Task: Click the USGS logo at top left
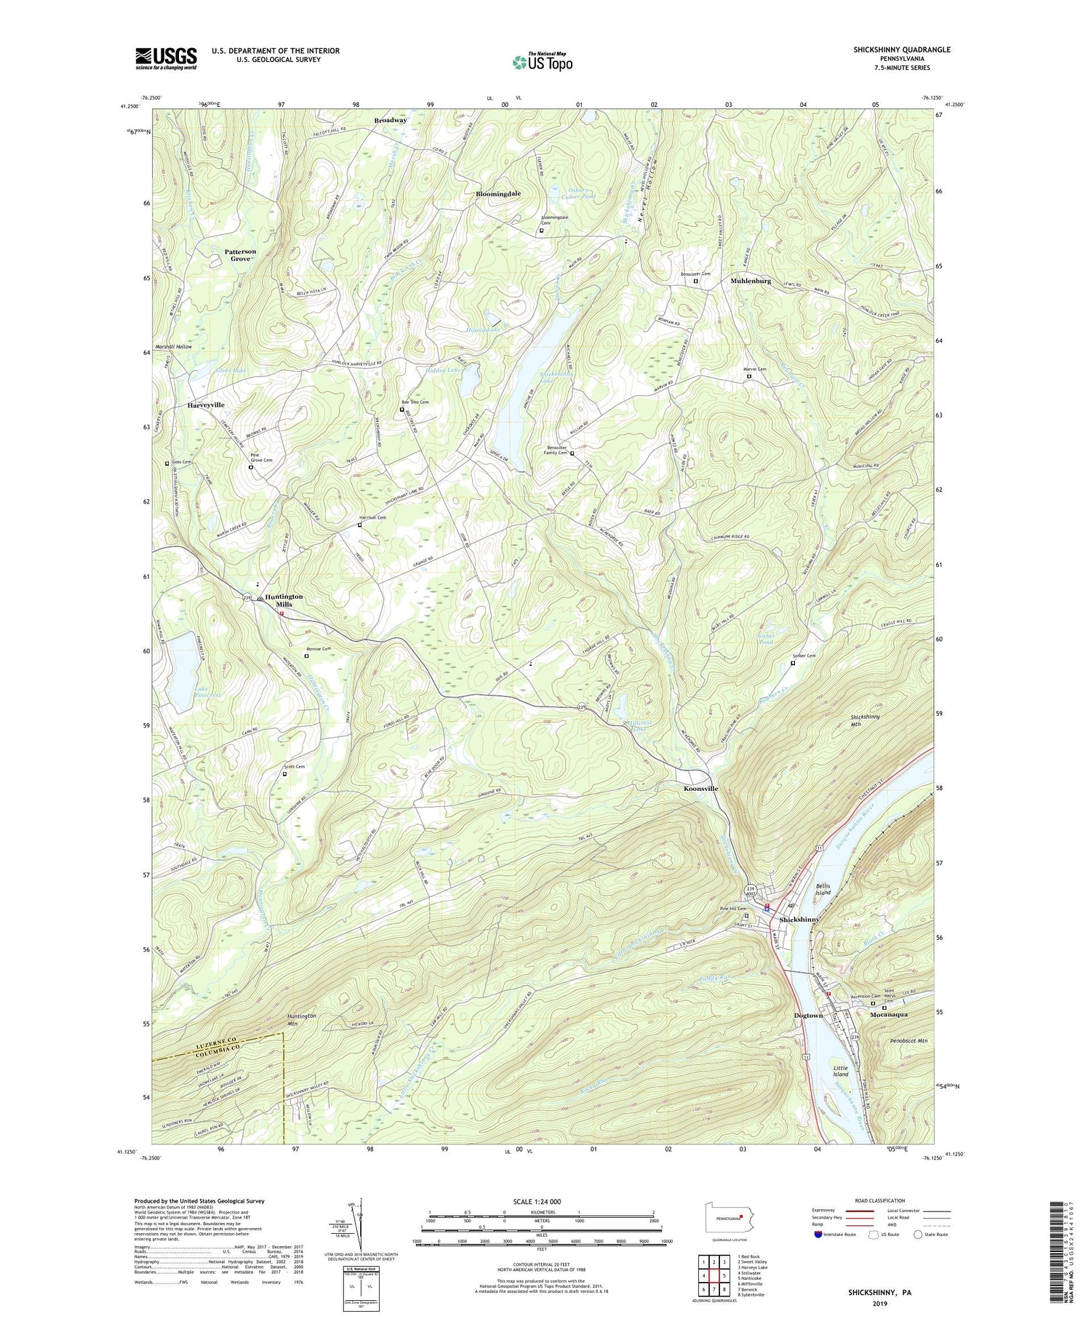166,58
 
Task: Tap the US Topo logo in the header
543,62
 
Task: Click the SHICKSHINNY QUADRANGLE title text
892,49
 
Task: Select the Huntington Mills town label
284,600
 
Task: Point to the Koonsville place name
700,789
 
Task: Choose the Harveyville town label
206,405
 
